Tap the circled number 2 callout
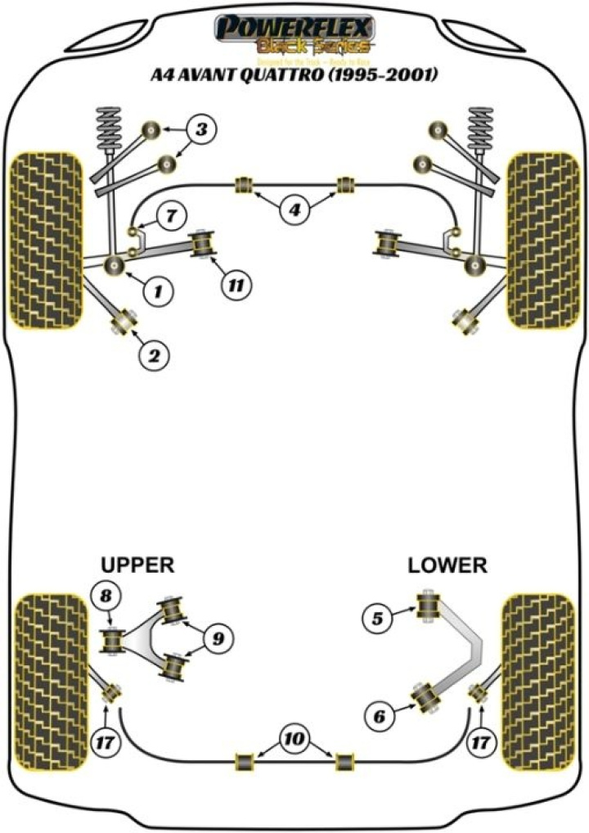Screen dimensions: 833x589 click(153, 354)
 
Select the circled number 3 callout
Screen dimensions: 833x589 click(202, 128)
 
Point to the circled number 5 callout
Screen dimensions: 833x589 click(377, 619)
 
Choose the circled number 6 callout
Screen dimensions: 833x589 click(379, 718)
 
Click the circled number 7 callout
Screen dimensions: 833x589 click(169, 217)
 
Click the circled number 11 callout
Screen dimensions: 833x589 click(236, 285)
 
